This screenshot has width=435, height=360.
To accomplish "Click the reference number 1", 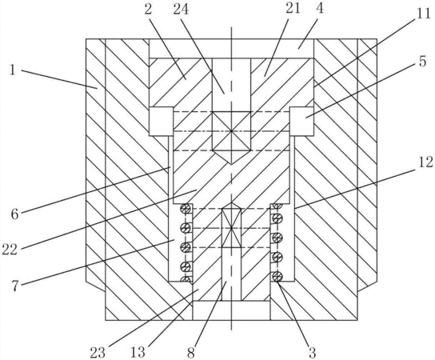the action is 12,70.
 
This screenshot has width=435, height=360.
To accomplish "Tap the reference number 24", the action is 181,10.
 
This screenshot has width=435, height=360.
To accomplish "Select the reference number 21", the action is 293,9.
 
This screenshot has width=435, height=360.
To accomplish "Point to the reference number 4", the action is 320,9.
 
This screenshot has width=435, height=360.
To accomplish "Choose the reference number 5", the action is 422,62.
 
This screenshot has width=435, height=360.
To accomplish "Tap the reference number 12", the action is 425,162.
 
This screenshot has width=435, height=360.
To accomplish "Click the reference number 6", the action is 14,214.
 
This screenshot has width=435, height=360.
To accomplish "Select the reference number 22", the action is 10,250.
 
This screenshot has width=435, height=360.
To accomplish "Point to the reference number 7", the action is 15,286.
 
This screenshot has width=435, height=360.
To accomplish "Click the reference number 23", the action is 98,353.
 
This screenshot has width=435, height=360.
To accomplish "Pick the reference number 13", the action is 138,353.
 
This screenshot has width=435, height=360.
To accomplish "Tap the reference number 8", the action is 191,353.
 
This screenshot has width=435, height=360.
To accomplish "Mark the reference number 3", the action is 312,353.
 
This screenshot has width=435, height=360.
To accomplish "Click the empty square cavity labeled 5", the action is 301,122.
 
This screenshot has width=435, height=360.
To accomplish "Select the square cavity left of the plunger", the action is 162,122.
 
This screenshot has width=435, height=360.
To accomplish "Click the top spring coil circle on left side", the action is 186,209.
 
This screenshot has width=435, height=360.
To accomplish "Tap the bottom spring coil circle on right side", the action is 277,276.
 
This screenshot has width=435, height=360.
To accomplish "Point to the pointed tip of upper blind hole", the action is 231,164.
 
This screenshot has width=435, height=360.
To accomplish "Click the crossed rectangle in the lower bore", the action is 231,228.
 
